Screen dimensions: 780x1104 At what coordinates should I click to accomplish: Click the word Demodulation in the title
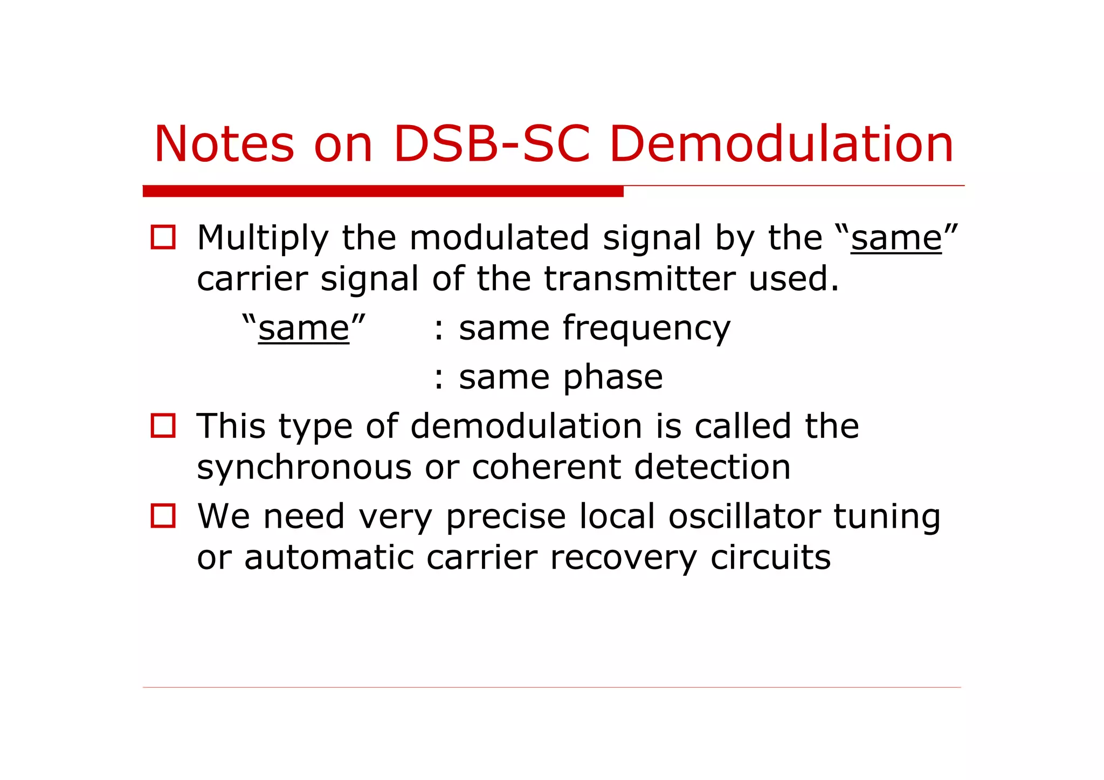pyautogui.click(x=781, y=144)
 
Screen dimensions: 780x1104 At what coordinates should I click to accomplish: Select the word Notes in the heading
pyautogui.click(x=224, y=144)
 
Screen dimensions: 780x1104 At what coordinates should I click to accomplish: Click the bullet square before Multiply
pyautogui.click(x=163, y=237)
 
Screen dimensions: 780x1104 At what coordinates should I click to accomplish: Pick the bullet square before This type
pyautogui.click(x=163, y=425)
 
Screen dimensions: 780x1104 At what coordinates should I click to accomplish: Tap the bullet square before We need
pyautogui.click(x=163, y=516)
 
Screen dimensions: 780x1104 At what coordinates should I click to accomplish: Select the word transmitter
pyautogui.click(x=639, y=279)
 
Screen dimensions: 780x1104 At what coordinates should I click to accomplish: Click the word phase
pyautogui.click(x=613, y=377)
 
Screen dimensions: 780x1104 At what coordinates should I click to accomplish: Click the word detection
pyautogui.click(x=712, y=467)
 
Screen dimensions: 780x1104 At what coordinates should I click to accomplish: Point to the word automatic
pyautogui.click(x=329, y=557)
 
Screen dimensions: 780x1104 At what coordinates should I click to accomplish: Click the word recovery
pyautogui.click(x=623, y=558)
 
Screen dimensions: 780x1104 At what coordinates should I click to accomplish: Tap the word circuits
pyautogui.click(x=770, y=557)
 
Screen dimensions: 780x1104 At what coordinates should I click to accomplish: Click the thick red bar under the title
pyautogui.click(x=383, y=191)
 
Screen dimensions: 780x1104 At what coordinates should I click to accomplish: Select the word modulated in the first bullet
pyautogui.click(x=499, y=238)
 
